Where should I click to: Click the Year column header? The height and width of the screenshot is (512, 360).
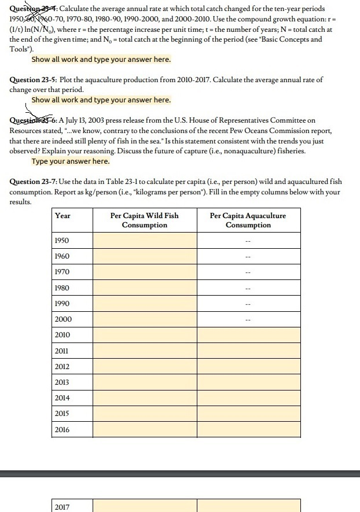pos(63,216)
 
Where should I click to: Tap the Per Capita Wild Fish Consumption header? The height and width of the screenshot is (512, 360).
pos(144,220)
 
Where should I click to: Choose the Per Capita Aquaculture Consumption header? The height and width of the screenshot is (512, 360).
pos(248,220)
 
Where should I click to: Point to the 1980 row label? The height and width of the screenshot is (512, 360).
pos(62,288)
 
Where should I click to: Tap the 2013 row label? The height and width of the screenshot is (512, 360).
pos(62,382)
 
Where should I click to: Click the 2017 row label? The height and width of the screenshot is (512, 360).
pos(62,507)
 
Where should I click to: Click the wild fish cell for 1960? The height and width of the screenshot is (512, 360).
pos(144,256)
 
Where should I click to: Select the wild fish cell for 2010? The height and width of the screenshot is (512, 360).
pos(144,335)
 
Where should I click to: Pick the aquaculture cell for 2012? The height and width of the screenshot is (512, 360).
pos(248,367)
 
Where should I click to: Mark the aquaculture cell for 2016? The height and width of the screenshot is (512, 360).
pos(248,429)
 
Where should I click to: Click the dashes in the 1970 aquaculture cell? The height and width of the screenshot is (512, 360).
pos(248,272)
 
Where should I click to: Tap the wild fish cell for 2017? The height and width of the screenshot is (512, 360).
pos(144,506)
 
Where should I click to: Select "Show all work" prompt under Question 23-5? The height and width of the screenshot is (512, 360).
pos(101,100)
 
